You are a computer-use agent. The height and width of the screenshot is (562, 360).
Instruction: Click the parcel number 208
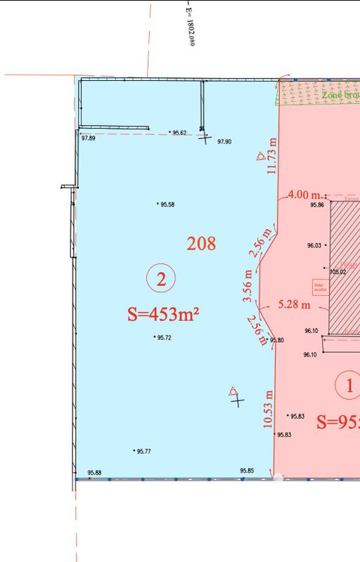pos(201,244)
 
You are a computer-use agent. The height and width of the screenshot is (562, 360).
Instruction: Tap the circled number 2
pos(161,279)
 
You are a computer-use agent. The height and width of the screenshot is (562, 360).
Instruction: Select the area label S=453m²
pos(162,313)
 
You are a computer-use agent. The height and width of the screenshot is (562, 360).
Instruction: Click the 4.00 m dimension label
pos(304,195)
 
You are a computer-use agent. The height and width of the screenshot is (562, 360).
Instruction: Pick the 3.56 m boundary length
pos(248,286)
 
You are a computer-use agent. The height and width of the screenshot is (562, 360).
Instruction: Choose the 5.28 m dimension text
pos(294,305)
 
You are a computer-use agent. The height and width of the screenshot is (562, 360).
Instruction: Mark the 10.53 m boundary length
pos(267,410)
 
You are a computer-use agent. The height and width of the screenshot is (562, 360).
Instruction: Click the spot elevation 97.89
pos(89,139)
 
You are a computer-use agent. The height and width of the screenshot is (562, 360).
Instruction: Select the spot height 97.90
pos(224,142)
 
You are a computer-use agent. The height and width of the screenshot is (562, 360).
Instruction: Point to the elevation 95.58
pos(167,204)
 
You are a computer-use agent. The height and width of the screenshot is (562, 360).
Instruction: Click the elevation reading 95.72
pos(165,338)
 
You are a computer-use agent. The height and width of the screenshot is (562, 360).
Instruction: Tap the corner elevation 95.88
pos(94,473)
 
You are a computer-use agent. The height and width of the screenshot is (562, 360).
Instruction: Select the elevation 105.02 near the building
pos(338,271)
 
